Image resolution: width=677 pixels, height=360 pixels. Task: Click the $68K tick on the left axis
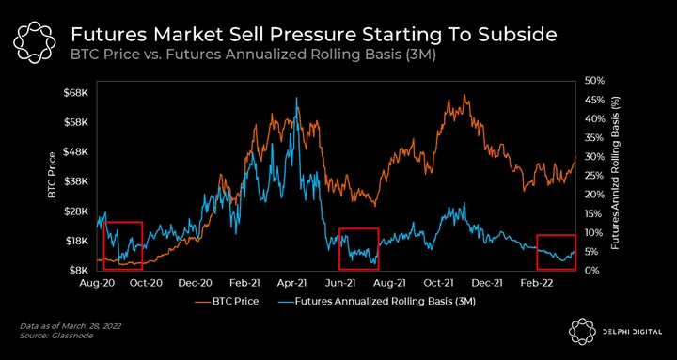[x=77, y=93]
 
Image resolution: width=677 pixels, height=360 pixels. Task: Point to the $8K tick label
[x=79, y=271]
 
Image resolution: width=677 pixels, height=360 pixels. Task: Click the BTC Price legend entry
[x=228, y=302]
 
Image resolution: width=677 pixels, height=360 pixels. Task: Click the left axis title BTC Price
[x=53, y=175]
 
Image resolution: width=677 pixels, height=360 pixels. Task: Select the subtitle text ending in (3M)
[x=253, y=55]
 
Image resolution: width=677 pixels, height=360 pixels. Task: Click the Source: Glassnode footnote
[x=56, y=335]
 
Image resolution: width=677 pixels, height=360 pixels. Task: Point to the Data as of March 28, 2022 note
[x=71, y=326]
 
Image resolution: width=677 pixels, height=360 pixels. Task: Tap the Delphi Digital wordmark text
[x=632, y=332]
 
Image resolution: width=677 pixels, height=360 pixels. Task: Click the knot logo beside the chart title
[x=34, y=42]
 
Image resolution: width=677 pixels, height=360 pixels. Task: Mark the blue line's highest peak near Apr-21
[x=296, y=98]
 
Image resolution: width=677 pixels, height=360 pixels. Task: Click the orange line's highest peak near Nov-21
[x=464, y=95]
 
